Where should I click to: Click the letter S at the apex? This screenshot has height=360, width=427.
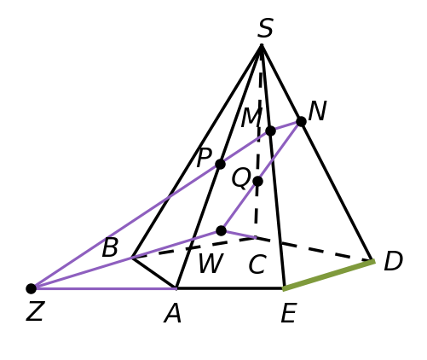265,28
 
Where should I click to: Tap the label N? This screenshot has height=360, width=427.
318,111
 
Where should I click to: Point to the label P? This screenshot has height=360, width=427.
205,157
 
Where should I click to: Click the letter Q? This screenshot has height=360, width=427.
241,178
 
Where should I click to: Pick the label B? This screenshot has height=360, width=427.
110,247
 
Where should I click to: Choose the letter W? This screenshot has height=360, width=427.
211,263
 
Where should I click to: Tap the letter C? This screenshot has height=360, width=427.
257,264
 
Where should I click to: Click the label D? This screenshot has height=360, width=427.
393,261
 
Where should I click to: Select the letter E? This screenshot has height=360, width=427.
289,313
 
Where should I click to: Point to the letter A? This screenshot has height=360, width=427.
172,313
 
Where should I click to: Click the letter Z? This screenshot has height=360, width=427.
35,311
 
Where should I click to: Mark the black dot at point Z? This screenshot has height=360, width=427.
32,288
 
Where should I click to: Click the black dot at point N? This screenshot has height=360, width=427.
301,121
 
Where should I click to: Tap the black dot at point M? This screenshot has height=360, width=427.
270,131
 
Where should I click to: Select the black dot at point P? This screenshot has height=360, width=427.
220,164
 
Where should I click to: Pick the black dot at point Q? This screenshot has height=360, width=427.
257,181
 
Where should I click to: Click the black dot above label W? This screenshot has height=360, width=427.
221,230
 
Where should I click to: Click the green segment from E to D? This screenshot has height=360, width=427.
329,275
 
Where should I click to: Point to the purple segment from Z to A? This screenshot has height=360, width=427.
104,288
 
